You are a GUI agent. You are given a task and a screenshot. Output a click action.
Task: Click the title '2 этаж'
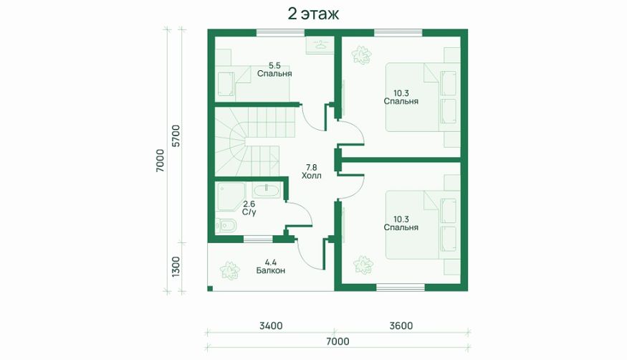313,14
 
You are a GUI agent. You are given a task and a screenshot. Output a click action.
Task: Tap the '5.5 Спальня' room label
274,70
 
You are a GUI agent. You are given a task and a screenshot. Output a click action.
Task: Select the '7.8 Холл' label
312,171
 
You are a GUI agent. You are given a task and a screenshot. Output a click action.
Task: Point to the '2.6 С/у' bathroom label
249,209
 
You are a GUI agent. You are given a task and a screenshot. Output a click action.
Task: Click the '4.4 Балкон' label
271,266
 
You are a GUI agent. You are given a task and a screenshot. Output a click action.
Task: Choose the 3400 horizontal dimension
271,326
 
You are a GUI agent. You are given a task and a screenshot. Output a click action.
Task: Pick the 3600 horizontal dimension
401,326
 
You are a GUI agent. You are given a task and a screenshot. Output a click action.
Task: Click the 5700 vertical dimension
176,136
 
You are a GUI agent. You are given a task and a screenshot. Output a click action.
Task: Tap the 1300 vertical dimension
176,266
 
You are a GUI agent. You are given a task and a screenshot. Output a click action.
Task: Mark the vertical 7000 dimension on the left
160,161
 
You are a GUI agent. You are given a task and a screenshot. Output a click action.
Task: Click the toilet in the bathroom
226,226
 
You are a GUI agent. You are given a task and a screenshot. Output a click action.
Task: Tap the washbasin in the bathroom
267,191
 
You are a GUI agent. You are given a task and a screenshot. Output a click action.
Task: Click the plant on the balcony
230,270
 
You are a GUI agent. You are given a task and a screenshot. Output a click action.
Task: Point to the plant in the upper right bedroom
362,55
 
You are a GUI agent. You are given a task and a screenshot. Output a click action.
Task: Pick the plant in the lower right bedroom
363,265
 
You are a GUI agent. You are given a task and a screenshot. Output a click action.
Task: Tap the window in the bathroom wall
258,240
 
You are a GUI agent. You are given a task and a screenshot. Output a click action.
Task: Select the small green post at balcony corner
211,288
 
